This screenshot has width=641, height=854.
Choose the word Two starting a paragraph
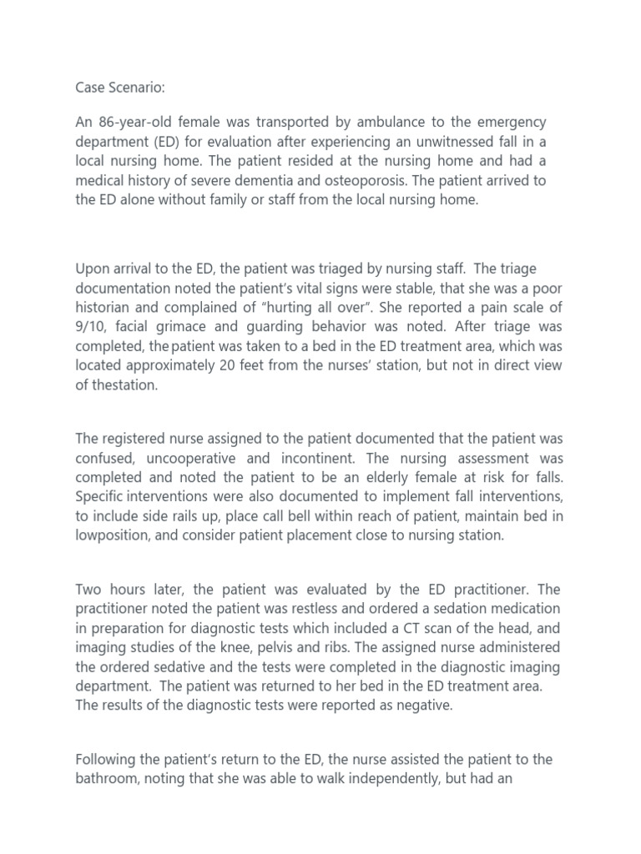tap(90, 590)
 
